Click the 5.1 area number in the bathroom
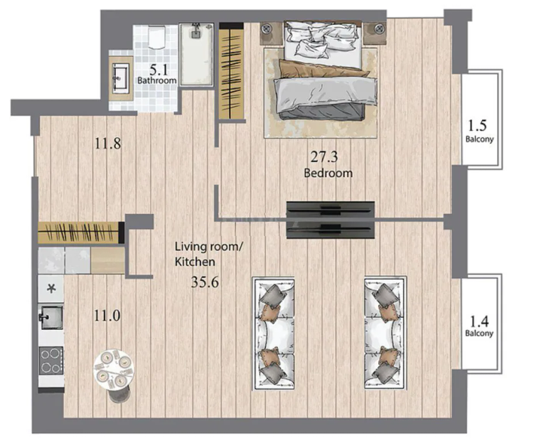(x=159, y=70)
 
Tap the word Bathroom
(x=156, y=80)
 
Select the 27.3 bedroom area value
(x=324, y=157)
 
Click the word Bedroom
(x=328, y=173)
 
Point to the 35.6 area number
(x=205, y=282)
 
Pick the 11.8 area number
(x=108, y=144)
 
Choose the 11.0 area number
(x=107, y=316)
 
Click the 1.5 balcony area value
(x=478, y=125)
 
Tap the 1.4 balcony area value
(x=479, y=321)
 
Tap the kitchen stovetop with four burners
(x=51, y=361)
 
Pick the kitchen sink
(x=51, y=318)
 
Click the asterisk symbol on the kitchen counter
(x=51, y=289)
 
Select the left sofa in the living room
(x=274, y=333)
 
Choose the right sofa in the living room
(x=385, y=333)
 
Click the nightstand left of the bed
(x=272, y=33)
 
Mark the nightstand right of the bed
(x=375, y=33)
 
